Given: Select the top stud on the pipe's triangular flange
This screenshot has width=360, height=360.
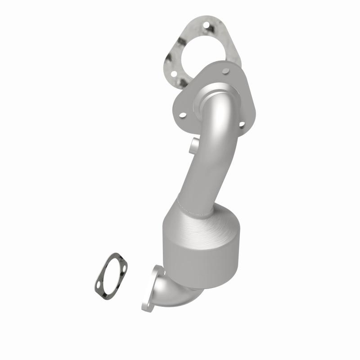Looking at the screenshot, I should [225, 71].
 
